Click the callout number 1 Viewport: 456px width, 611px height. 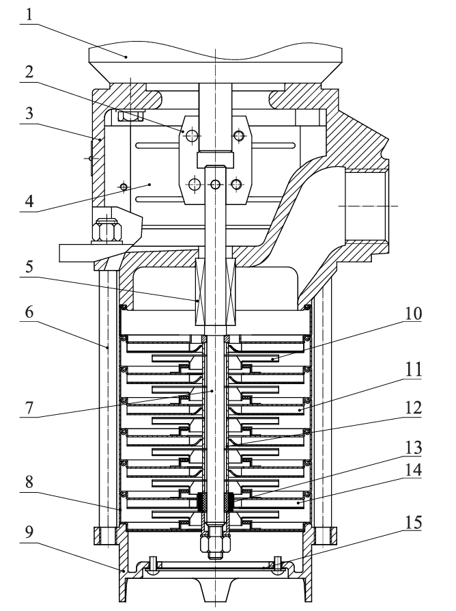[29, 14]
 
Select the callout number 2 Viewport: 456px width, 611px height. [29, 72]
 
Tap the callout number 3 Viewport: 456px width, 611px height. [29, 113]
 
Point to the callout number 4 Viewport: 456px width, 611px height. [29, 202]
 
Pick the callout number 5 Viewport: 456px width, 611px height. [29, 267]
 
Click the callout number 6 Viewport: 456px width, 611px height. [29, 312]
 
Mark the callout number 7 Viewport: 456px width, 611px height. [29, 407]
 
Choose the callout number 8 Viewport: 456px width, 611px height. [29, 483]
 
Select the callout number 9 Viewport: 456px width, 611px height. [29, 532]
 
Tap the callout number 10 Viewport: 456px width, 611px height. [413, 314]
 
